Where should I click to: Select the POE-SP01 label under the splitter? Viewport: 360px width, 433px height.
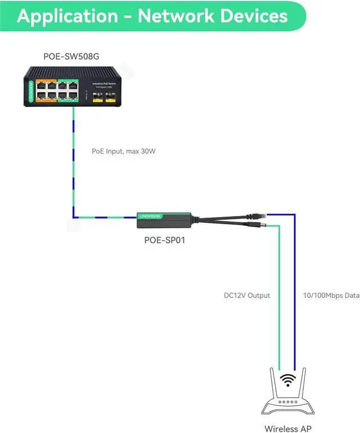[164, 240]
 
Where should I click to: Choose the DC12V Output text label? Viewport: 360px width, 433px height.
[247, 295]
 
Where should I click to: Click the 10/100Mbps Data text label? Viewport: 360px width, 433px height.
[327, 295]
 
